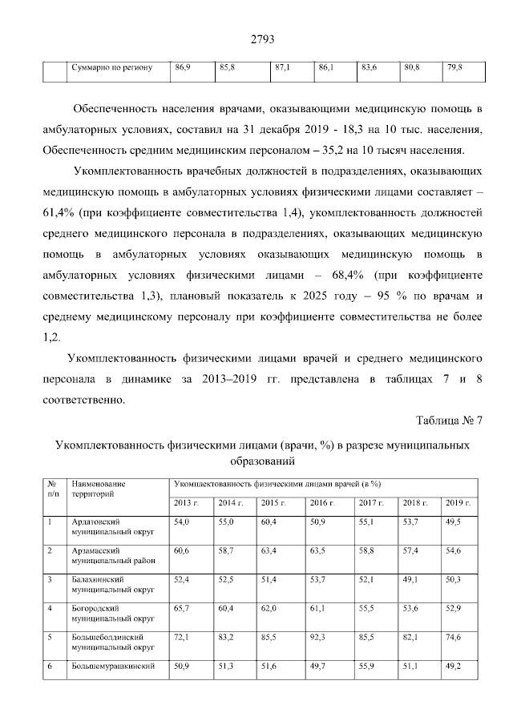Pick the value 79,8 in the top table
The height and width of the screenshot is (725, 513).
pyautogui.click(x=454, y=68)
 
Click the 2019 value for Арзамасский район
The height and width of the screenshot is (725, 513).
pyautogui.click(x=454, y=551)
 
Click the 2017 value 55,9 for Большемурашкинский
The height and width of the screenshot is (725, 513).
pyautogui.click(x=368, y=666)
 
